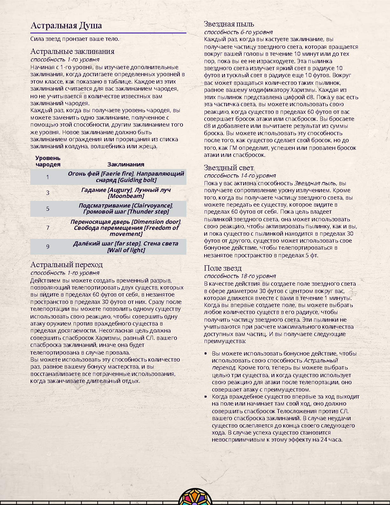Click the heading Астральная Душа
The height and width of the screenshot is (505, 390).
pos(66,26)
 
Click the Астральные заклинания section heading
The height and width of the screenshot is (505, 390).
pos(72,51)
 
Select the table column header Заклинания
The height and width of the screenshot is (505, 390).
pos(126,164)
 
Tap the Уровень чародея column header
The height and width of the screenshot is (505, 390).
pos(48,161)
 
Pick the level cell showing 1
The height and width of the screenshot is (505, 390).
pos(48,177)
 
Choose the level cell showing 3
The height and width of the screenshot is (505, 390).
pos(48,193)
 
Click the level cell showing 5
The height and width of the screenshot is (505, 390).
pos(48,209)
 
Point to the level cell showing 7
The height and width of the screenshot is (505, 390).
pos(48,228)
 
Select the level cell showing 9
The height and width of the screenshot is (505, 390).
pos(48,246)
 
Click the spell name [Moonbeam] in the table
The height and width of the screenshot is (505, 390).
pos(126,196)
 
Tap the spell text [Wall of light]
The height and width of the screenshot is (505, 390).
pos(126,250)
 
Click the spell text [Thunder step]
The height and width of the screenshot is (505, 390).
pos(148,212)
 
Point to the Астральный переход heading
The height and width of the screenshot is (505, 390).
pos(66,265)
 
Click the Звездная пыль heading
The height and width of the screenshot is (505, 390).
pos(229,24)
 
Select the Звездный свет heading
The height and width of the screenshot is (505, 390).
pos(229,168)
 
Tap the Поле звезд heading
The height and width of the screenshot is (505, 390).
pos(223,268)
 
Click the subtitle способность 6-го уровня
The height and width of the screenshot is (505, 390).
pos(238,32)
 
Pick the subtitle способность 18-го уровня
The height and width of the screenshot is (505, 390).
pos(240,276)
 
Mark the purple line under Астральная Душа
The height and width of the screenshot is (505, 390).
pos(108,33)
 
